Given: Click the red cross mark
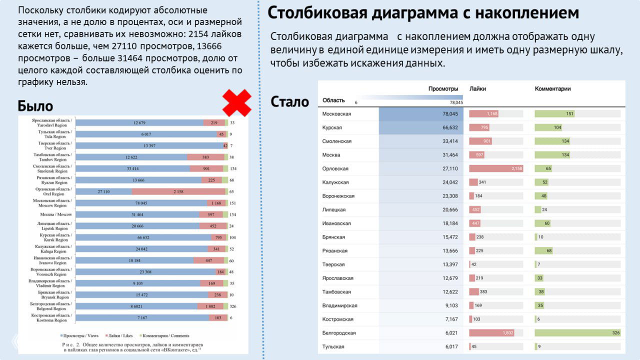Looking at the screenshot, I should pyautogui.click(x=236, y=103).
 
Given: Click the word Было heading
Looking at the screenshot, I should pyautogui.click(x=35, y=106).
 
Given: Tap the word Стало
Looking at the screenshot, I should pyautogui.click(x=289, y=102).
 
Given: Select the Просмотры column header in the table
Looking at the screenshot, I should pyautogui.click(x=443, y=89).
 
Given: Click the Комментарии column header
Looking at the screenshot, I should pyautogui.click(x=552, y=89).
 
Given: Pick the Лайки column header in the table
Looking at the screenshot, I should pyautogui.click(x=477, y=89).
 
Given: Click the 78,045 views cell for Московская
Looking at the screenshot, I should pyautogui.click(x=421, y=114).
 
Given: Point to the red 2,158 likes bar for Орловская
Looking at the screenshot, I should pyautogui.click(x=496, y=168).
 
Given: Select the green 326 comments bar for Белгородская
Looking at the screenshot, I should pyautogui.click(x=577, y=333).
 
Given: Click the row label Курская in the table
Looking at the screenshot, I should pyautogui.click(x=332, y=127).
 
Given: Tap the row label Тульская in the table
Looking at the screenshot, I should pyautogui.click(x=333, y=346).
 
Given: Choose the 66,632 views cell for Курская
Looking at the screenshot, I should pyautogui.click(x=421, y=127).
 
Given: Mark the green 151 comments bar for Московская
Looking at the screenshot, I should pyautogui.click(x=554, y=114).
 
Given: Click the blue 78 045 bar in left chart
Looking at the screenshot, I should pyautogui.click(x=141, y=203).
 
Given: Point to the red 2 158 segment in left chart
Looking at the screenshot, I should pyautogui.click(x=178, y=191).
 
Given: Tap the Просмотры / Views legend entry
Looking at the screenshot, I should pyautogui.click(x=80, y=336).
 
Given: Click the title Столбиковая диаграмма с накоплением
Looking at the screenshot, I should pyautogui.click(x=423, y=13).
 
